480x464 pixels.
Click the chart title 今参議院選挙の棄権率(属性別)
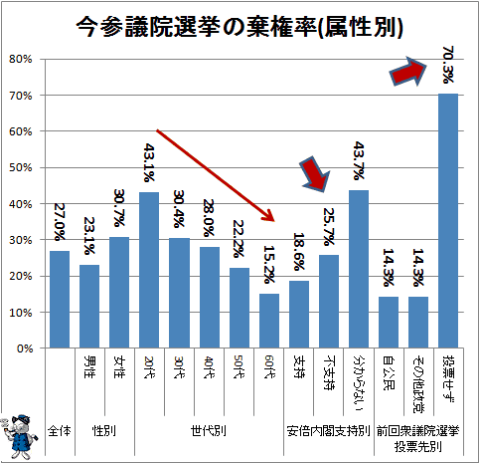(240, 27)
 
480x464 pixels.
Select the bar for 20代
(149, 270)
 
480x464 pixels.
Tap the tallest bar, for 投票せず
(448, 221)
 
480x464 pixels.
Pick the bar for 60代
(269, 321)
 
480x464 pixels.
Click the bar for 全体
(60, 300)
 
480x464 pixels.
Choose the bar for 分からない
(359, 269)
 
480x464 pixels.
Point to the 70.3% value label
(448, 65)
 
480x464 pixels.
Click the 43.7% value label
(359, 160)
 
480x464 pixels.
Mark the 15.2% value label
(269, 265)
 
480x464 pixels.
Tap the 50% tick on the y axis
(21, 167)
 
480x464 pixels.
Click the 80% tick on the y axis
(21, 59)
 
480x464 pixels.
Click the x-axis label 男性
(89, 366)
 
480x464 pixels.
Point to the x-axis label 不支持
(329, 372)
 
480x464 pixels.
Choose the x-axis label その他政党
(418, 384)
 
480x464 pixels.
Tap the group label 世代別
(209, 431)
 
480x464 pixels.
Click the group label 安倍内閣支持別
(328, 431)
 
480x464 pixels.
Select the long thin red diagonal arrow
(216, 175)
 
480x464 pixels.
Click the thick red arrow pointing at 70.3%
(407, 72)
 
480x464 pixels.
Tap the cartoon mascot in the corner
(20, 436)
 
